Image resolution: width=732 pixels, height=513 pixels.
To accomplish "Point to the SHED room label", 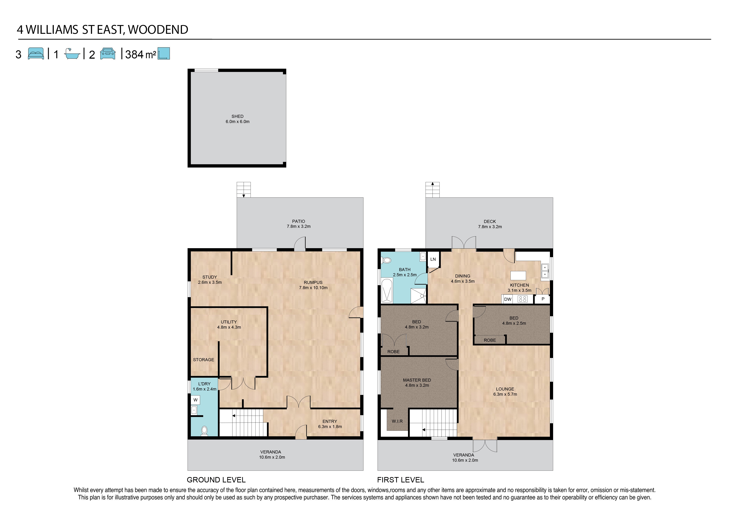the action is [x=238, y=116].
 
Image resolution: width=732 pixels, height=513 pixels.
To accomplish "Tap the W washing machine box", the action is [x=196, y=400].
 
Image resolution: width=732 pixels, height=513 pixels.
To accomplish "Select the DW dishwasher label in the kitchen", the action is [x=508, y=299].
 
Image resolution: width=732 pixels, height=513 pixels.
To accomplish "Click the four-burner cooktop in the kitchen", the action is [x=523, y=299].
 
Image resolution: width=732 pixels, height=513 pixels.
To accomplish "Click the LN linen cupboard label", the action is [x=433, y=259].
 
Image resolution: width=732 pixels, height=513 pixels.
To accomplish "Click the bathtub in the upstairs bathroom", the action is [x=387, y=291].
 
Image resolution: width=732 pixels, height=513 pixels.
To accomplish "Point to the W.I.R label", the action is [x=397, y=421].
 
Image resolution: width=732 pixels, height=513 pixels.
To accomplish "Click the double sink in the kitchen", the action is [x=545, y=271].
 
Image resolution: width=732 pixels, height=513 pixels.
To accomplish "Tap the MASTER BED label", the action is [x=417, y=380].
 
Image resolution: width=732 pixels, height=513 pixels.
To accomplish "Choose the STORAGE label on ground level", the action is [x=203, y=360].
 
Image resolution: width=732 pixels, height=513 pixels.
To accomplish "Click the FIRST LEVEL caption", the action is [x=400, y=480].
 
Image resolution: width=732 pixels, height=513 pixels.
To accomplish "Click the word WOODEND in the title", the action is [x=158, y=30].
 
